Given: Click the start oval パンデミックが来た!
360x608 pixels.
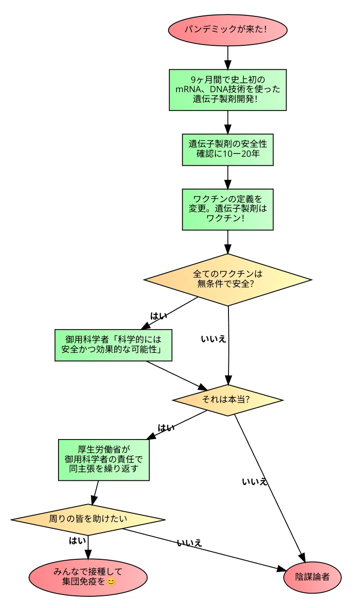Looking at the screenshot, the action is tap(228, 29).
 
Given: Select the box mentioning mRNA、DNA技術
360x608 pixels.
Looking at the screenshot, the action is tap(228, 90).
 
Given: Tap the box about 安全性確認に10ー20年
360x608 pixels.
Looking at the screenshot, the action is tap(228, 150).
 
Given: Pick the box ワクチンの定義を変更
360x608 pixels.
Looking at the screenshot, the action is tap(228, 209).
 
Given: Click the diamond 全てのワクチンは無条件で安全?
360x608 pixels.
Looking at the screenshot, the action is tap(228, 279).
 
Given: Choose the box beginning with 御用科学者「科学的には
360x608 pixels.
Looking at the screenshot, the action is tap(113, 345).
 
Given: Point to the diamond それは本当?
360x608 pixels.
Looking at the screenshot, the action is tap(228, 400).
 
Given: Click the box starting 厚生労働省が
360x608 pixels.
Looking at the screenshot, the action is tap(104, 460).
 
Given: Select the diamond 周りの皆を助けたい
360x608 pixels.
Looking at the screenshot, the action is tap(88, 520).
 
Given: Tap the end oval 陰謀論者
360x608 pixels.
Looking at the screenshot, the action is tap(312, 577).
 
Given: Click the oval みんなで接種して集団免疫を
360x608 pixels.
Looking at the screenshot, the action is tap(88, 577).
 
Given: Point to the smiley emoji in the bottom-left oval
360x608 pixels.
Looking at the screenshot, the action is tap(111, 582).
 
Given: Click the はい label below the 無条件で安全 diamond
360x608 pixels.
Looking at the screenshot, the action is tap(159, 316).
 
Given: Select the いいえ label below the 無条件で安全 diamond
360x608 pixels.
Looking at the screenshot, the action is tap(213, 339).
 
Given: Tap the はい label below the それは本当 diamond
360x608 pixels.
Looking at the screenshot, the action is tap(166, 428).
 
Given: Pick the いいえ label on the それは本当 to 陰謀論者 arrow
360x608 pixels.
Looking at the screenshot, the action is tap(255, 482).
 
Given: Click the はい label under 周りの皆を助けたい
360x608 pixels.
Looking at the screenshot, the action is tap(77, 541).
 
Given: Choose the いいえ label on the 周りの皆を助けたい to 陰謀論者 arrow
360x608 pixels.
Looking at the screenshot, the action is tap(190, 543).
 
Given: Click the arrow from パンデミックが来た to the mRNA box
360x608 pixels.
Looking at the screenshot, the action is tap(228, 58).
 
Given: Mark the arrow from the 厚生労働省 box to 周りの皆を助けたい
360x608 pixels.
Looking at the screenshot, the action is tap(95, 493).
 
